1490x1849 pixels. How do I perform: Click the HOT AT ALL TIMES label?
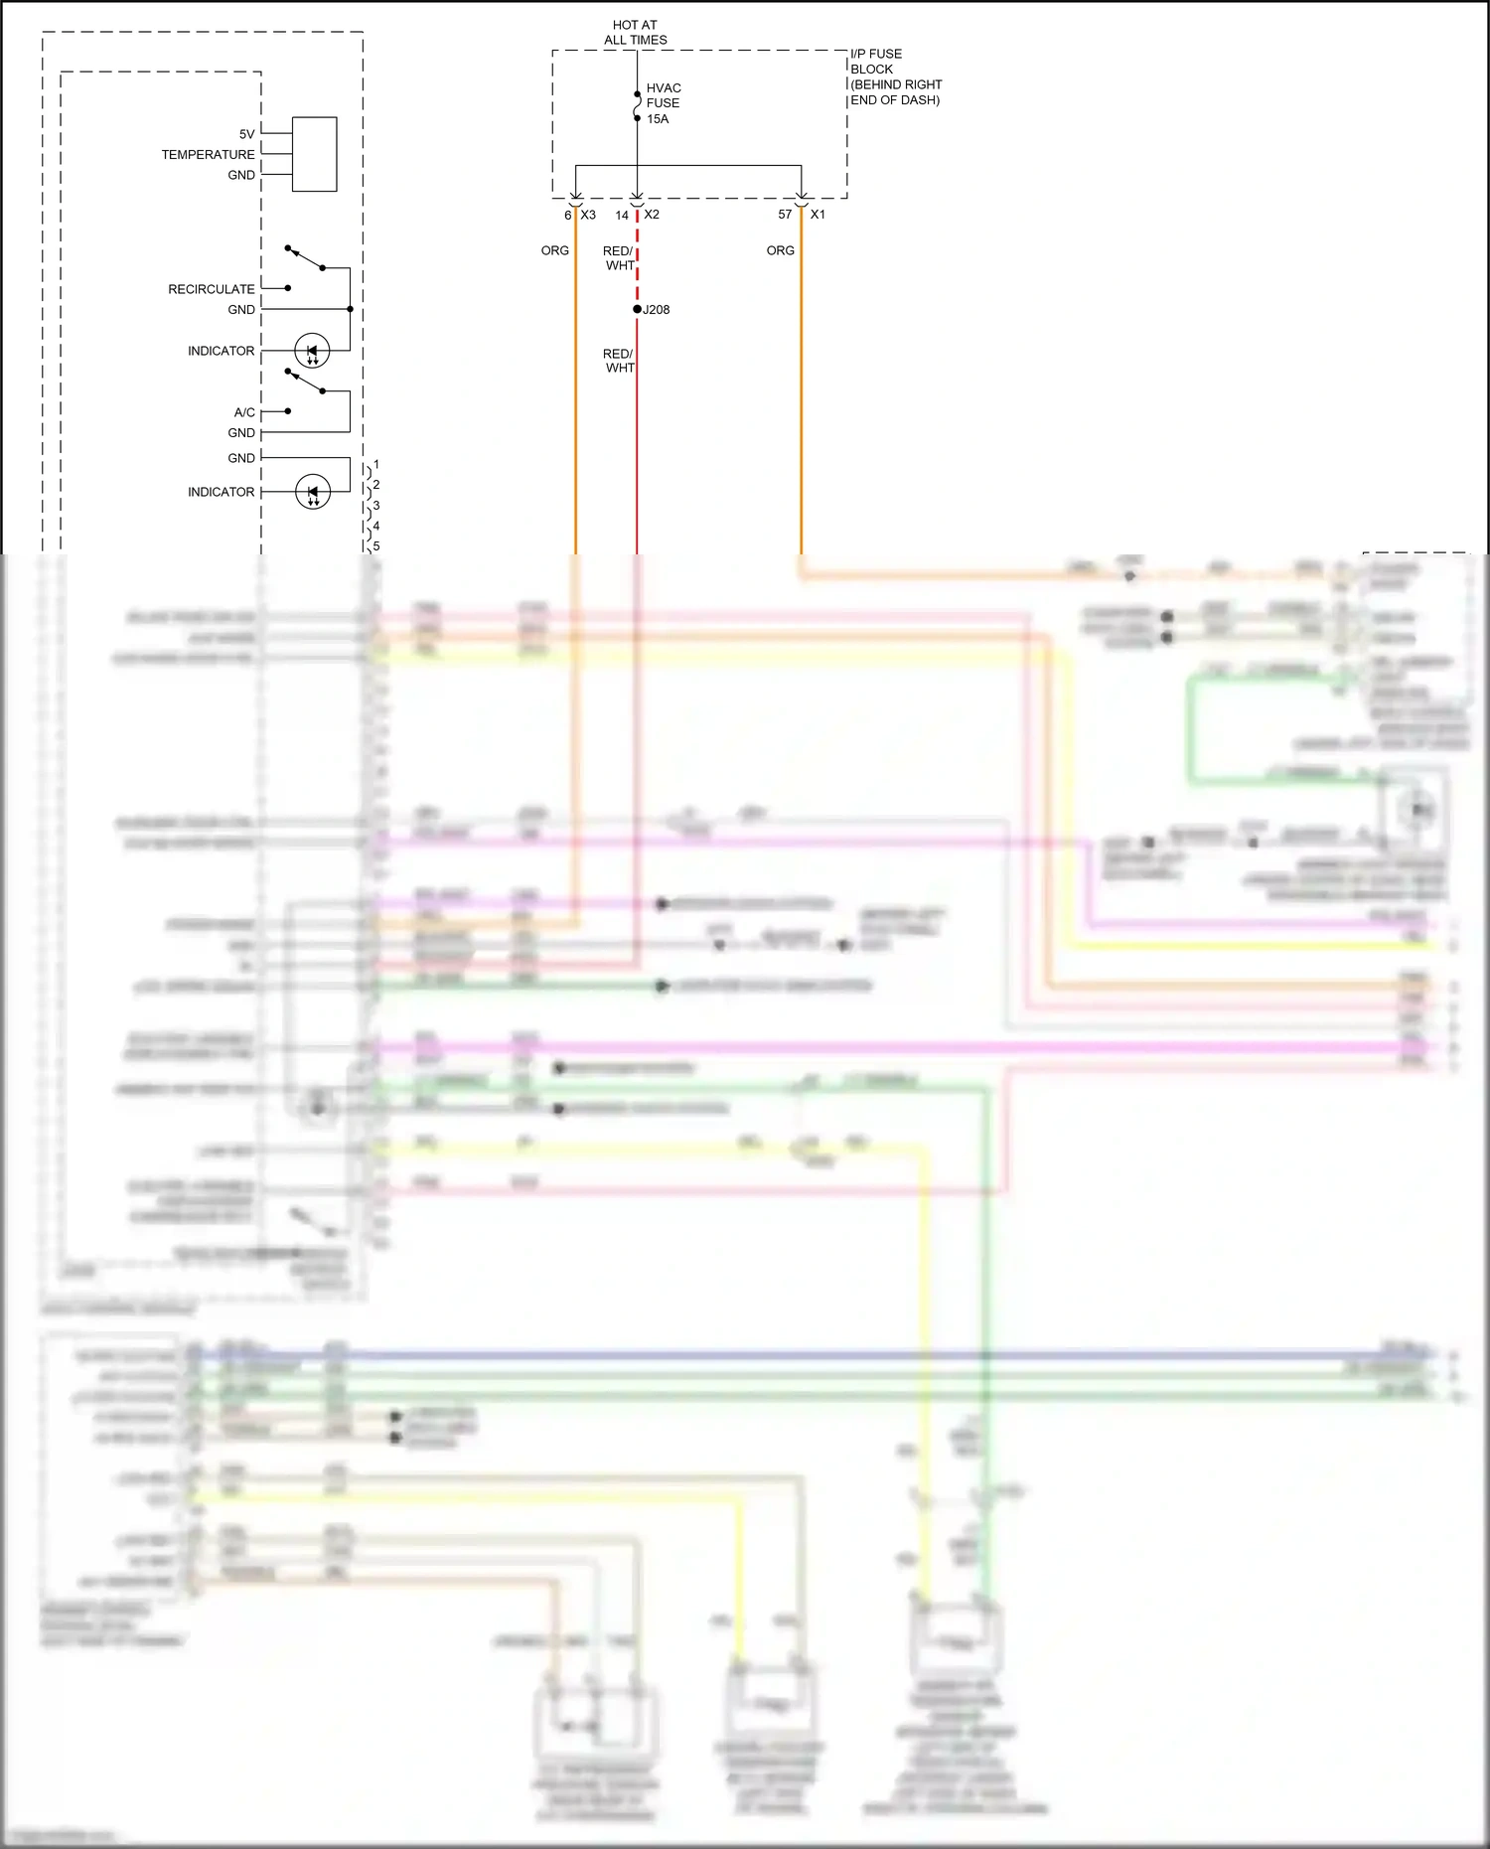pos(635,33)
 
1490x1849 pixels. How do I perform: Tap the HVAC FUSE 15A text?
pos(663,103)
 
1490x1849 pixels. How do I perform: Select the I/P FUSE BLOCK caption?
pos(895,77)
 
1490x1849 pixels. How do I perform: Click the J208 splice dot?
pos(638,309)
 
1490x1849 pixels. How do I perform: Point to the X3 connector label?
pos(588,215)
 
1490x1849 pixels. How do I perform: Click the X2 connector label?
pos(652,215)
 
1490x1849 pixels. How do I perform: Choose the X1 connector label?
pos(818,215)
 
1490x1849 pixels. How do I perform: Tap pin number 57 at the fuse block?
pos(785,215)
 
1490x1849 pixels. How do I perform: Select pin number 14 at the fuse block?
pos(622,215)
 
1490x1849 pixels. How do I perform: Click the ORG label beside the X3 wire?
pos(554,250)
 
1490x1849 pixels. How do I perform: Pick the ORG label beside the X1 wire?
pos(780,250)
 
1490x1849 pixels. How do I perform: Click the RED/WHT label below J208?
pos(619,361)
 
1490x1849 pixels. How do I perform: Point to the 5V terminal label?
pos(246,134)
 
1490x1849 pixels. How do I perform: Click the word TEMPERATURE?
pos(208,155)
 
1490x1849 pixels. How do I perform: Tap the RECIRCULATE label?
pos(211,289)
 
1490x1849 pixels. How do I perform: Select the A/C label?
pos(244,412)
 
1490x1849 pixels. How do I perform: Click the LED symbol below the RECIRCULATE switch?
pos(312,351)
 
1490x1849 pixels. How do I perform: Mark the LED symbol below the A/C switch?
pos(313,492)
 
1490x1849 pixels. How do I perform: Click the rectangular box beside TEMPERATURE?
pos(314,154)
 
